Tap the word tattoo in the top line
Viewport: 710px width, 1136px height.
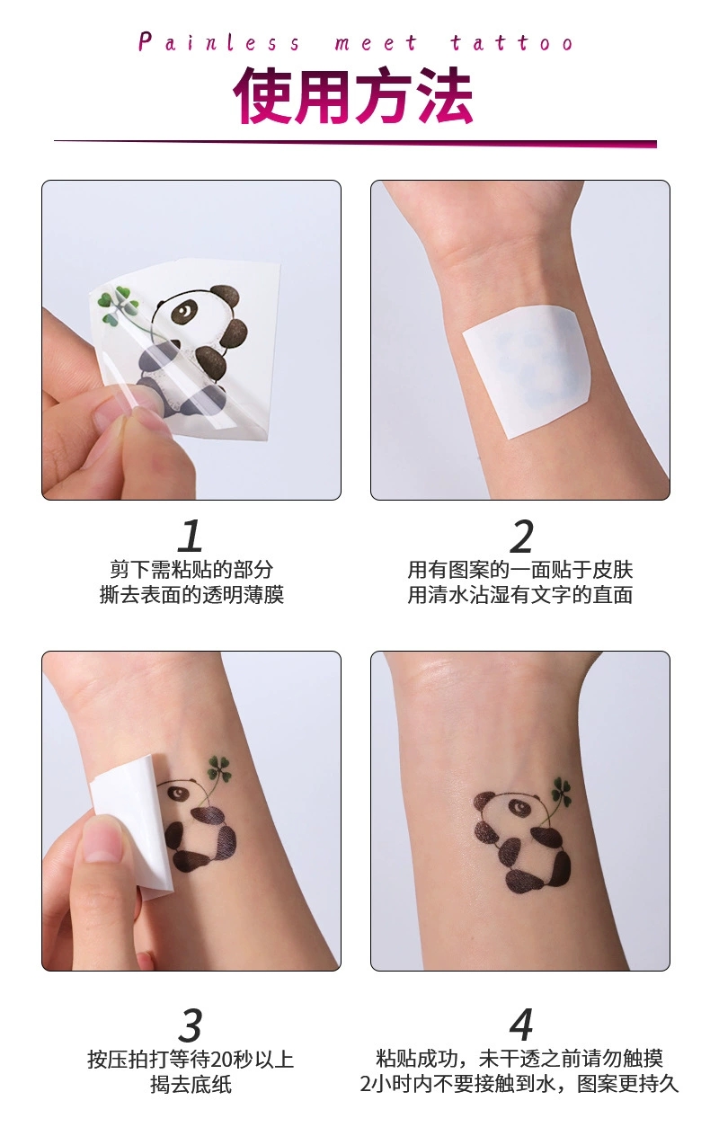512,42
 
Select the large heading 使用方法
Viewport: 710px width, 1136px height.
353,95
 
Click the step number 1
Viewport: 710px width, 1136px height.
191,536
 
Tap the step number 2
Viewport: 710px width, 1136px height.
521,536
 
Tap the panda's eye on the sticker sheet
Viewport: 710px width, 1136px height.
183,310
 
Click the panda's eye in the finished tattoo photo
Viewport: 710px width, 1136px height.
519,806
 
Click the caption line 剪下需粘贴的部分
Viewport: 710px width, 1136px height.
191,570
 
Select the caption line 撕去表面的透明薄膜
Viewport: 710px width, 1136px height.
191,595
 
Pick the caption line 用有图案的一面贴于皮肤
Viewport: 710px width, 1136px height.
520,570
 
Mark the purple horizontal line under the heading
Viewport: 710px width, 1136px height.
356,144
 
